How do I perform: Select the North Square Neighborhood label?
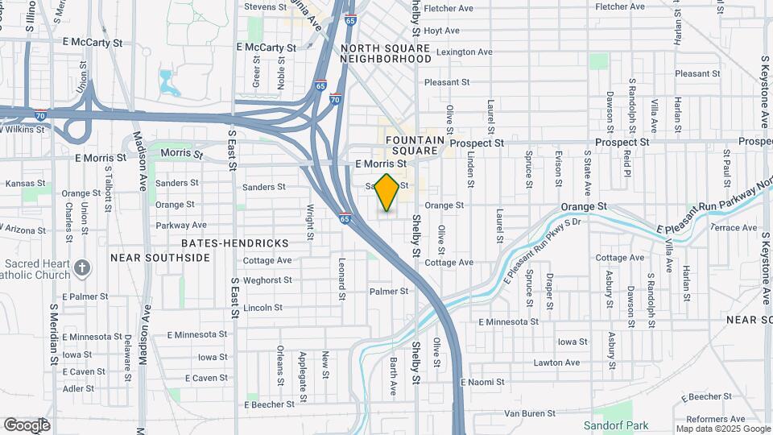coord(386,53)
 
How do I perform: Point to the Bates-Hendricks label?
coord(224,242)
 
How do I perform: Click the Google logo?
coord(27,425)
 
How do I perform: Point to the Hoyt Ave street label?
coord(441,31)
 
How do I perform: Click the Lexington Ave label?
coord(463,52)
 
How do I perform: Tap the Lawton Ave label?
coord(556,362)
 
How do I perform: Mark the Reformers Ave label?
coord(716,419)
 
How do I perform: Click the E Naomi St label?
coord(482,382)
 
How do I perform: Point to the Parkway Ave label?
coord(181,225)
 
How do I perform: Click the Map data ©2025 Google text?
coord(721,428)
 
